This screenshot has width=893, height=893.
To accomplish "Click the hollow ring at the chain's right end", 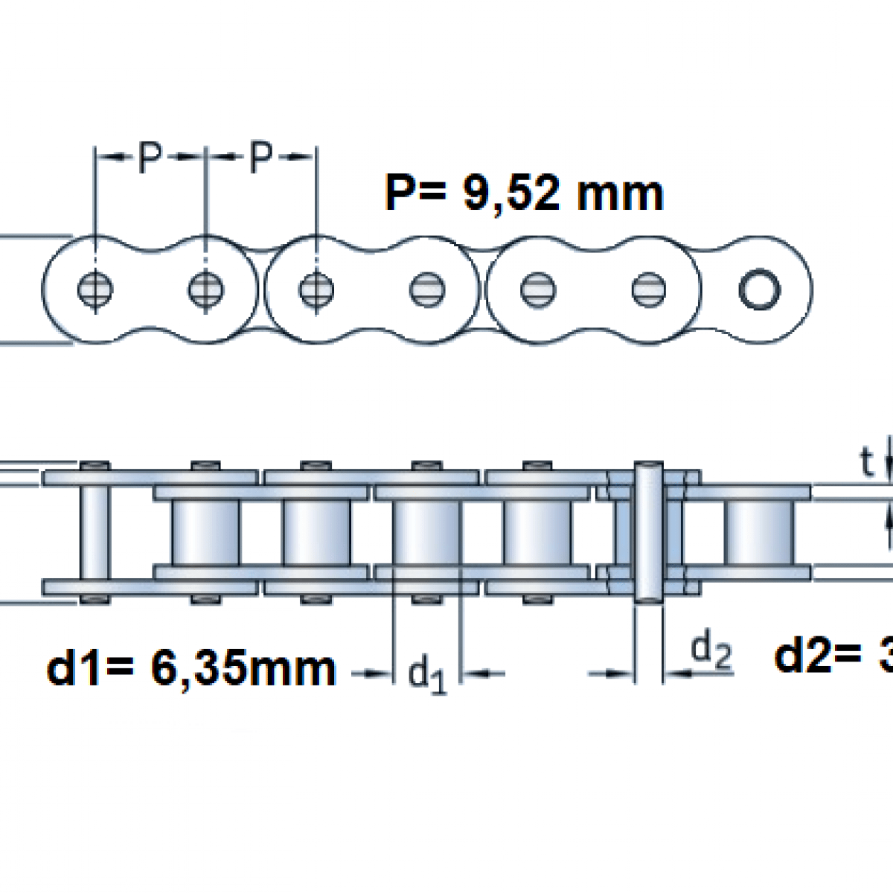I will coord(759,289).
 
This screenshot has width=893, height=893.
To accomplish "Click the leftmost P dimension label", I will coord(150,157).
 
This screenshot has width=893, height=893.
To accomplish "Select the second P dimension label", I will coord(260,157).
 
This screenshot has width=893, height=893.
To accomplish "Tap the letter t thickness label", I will coord(865,463).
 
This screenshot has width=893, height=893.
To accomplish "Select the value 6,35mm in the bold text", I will coord(243,668).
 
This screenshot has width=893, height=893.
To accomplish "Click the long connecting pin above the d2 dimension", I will coord(647,531).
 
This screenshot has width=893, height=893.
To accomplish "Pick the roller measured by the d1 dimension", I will coord(426,531).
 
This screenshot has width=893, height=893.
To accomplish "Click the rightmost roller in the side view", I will coord(759,531).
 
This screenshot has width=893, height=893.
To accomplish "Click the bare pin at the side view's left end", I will coord(95,531).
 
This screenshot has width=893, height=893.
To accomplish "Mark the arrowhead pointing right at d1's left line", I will coord(382,674).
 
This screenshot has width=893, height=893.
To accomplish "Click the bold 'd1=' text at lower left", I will coord(92,668).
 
